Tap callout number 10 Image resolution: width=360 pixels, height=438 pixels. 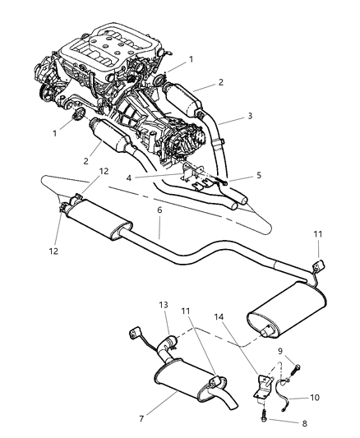pyautogui.click(x=293, y=398)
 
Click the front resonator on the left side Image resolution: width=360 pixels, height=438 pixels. pyautogui.click(x=98, y=220)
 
